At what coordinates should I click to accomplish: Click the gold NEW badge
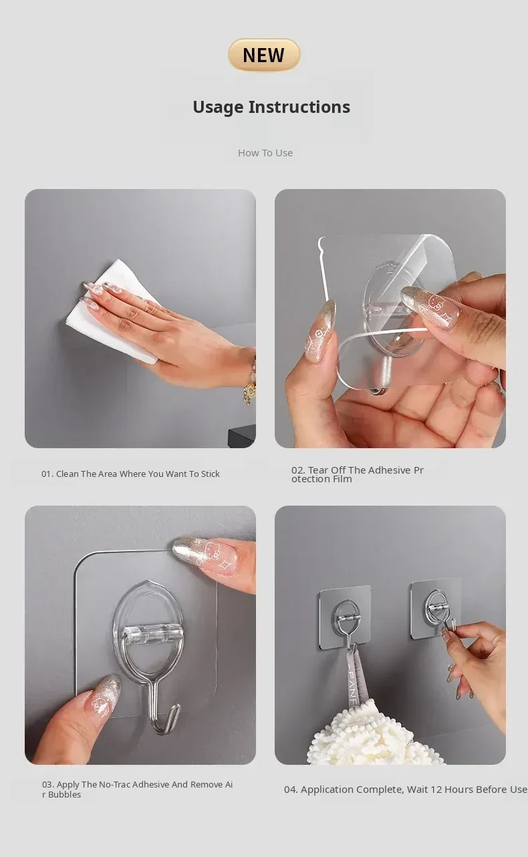264,55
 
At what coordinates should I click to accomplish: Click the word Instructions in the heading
299,107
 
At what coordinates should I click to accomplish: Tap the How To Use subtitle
265,153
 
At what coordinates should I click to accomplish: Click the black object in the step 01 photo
242,438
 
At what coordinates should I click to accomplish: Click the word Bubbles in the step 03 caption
64,795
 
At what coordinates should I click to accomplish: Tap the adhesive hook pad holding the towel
345,617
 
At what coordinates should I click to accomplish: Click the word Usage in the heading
218,108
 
